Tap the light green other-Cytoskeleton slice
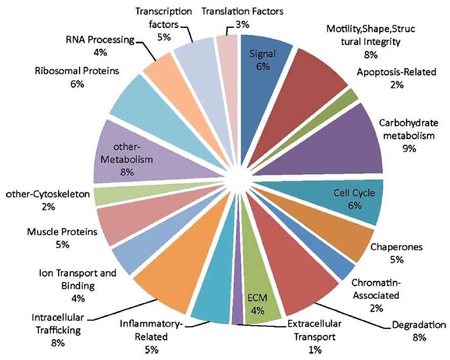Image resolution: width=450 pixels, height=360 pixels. (x=106, y=196)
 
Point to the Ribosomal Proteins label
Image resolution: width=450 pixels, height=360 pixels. (x=78, y=71)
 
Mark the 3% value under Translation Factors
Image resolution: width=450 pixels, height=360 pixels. (x=243, y=23)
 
